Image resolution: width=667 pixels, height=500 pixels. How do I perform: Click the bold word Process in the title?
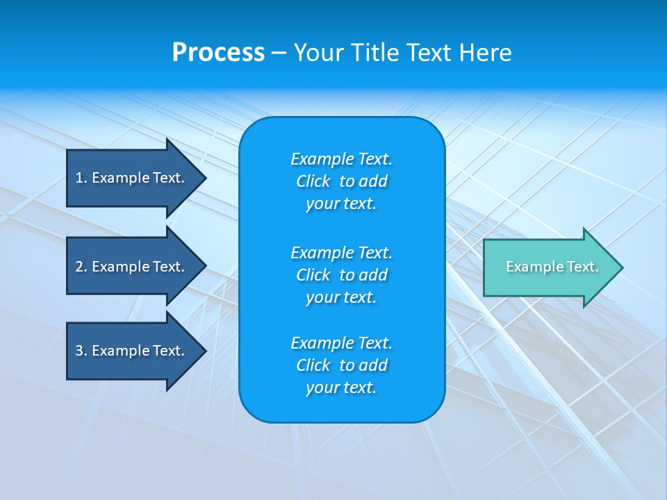tap(218, 53)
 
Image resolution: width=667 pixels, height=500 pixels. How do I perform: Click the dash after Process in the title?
tap(279, 53)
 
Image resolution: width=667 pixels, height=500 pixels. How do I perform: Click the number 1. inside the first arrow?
tap(81, 178)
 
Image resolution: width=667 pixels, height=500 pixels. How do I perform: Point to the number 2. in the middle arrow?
tap(81, 267)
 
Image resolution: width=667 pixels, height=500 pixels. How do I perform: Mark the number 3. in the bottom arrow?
tap(81, 351)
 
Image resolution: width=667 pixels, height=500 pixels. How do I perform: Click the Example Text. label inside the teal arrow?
tap(552, 267)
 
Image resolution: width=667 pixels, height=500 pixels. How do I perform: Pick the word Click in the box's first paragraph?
tap(313, 181)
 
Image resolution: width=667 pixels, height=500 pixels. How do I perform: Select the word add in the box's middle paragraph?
tap(374, 275)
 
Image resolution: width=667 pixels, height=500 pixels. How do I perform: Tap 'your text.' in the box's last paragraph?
tap(341, 388)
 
